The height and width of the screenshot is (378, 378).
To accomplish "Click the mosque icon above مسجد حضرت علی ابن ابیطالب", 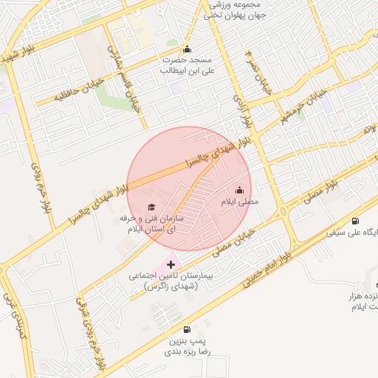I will click(x=187, y=49).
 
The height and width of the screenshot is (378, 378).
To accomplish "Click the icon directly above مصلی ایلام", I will click(x=239, y=190).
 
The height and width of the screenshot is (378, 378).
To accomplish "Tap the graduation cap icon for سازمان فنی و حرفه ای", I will click(x=151, y=207).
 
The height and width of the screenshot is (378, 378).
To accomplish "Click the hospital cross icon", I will click(x=171, y=264).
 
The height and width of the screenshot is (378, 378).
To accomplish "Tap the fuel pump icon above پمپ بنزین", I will click(x=185, y=330).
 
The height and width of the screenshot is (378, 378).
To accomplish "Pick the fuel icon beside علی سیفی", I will click(x=356, y=221).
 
